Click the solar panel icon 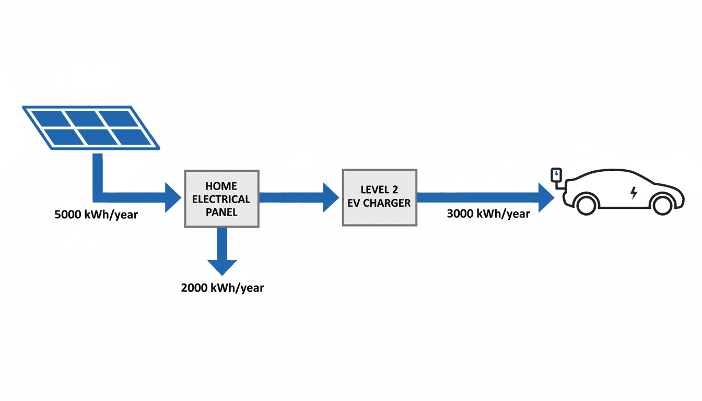90,127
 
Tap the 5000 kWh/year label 96,214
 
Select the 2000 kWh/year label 223,287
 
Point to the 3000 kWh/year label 488,213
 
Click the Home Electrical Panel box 221,198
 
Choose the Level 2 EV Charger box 379,197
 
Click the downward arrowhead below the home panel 222,266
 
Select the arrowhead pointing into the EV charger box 331,197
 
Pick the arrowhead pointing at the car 545,197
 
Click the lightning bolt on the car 634,193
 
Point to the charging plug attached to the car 557,174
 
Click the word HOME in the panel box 221,186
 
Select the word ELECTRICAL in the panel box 221,199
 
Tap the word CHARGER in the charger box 389,203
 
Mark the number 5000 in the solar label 68,214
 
